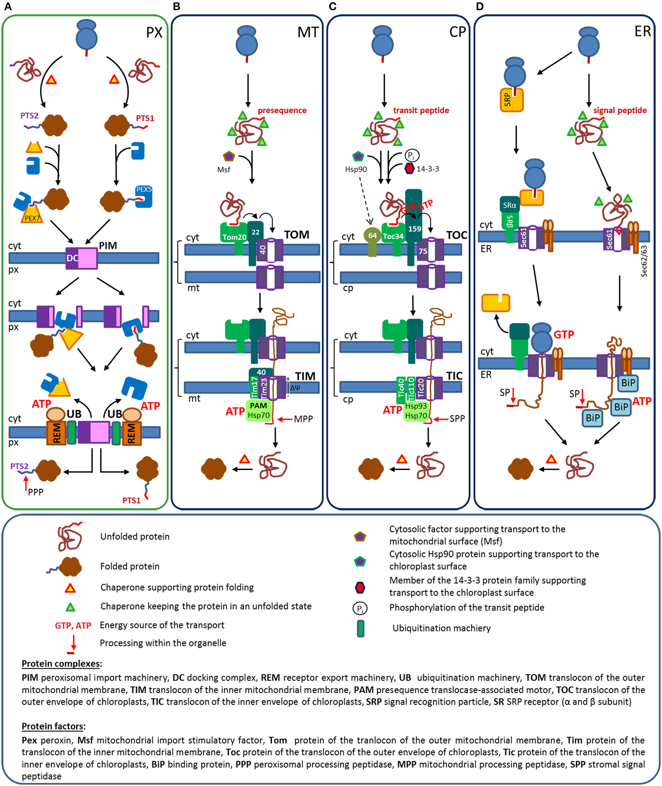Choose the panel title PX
click(x=154, y=33)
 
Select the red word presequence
click(x=282, y=110)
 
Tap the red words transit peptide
click(x=421, y=110)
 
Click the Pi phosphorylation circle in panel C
click(x=412, y=155)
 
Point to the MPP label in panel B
click(x=303, y=419)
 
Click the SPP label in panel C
click(x=457, y=418)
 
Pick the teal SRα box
click(x=510, y=205)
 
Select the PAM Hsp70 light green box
click(x=258, y=410)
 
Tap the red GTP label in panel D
click(x=564, y=334)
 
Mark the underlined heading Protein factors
click(x=53, y=726)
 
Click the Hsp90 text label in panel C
click(x=356, y=169)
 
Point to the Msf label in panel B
click(x=224, y=170)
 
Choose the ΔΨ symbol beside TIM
click(x=295, y=387)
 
